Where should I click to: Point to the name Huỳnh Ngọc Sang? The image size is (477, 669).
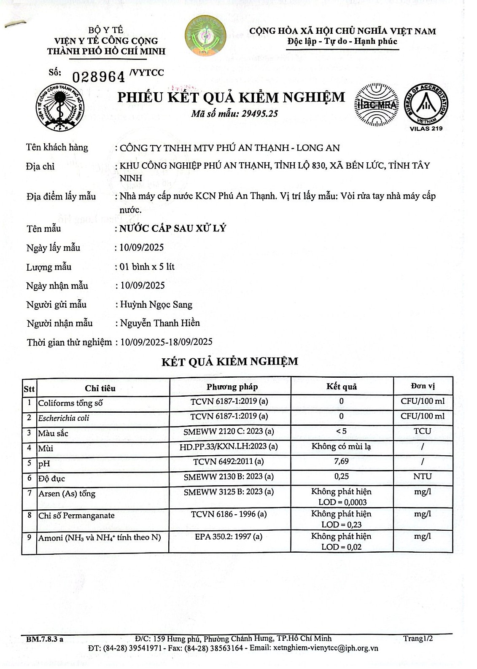[x=156, y=304]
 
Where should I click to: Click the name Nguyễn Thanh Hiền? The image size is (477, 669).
[x=160, y=323]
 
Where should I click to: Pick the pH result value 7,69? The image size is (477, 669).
[x=341, y=461]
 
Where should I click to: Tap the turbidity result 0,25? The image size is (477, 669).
[x=341, y=476]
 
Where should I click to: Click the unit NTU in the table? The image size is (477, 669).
[x=422, y=476]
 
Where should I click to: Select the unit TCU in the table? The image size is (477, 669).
[x=422, y=431]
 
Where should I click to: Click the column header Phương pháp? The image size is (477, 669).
[x=232, y=387]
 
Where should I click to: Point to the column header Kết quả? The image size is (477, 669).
[x=341, y=387]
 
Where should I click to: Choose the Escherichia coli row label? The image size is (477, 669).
[x=64, y=418]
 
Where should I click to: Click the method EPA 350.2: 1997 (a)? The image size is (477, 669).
[x=229, y=537]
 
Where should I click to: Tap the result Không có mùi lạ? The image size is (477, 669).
[x=341, y=446]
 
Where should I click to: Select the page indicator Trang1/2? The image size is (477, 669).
[x=418, y=638]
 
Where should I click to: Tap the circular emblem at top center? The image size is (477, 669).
[x=205, y=36]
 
